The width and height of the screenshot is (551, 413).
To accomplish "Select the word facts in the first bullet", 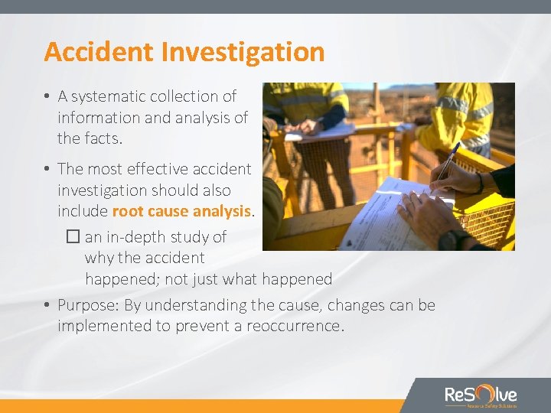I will tap(103, 139).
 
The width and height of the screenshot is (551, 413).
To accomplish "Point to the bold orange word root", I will tap(129, 210).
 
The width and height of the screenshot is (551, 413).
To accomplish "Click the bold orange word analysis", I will tap(223, 210).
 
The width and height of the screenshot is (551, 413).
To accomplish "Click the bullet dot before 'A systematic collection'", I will tap(47, 96).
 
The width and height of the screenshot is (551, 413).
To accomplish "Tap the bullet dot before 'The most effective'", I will tap(47, 169).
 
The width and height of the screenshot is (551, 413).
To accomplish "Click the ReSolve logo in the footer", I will tap(481, 395).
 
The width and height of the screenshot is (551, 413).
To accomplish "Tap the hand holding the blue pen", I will tap(455, 179).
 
